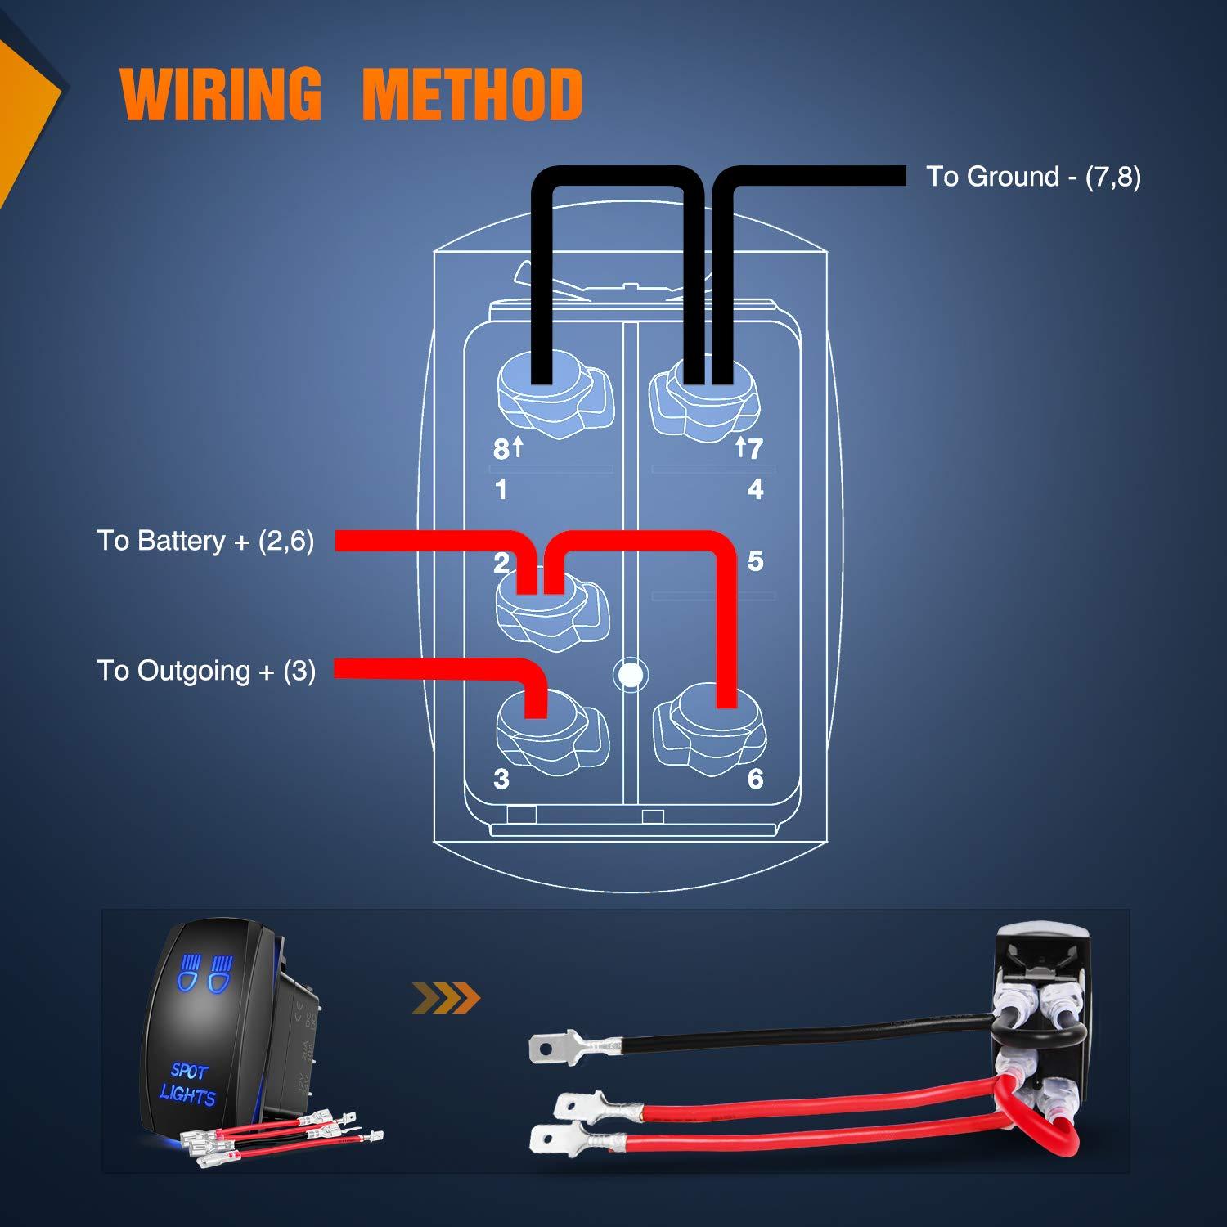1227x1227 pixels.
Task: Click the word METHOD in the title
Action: pos(472,95)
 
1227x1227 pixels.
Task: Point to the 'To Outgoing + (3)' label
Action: pos(206,671)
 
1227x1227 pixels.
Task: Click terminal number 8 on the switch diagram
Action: pos(500,449)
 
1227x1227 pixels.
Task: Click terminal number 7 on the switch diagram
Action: pos(754,448)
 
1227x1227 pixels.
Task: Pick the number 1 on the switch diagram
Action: pos(501,489)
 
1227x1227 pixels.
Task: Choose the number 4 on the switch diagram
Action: pos(755,489)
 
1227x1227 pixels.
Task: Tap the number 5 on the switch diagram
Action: pos(755,561)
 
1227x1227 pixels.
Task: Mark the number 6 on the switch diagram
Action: pos(755,779)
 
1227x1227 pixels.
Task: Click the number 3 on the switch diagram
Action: pos(501,779)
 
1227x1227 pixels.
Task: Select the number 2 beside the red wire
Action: pos(501,562)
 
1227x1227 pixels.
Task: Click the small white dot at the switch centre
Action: pos(629,675)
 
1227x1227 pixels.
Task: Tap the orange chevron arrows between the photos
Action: pos(446,997)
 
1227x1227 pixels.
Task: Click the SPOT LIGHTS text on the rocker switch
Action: pos(189,1083)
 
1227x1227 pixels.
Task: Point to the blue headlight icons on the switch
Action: pos(204,973)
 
